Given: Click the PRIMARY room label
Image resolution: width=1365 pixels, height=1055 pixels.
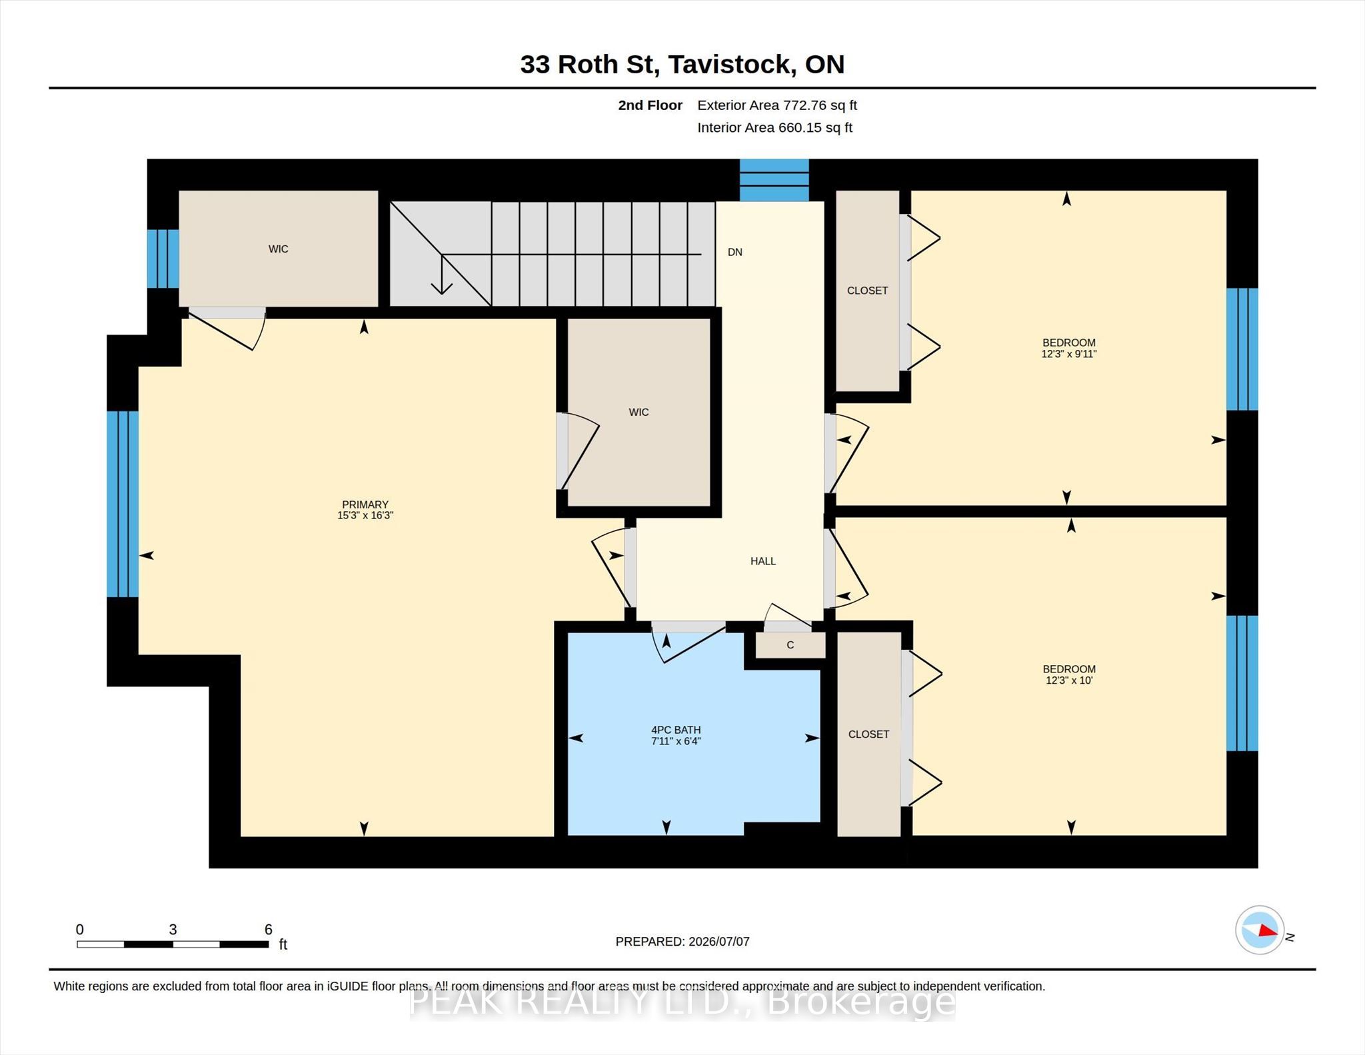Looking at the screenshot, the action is coord(365,505).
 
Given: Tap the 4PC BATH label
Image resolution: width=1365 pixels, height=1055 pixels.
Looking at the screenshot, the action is coord(676,730).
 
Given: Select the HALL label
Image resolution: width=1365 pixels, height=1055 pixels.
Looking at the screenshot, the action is coord(763,561).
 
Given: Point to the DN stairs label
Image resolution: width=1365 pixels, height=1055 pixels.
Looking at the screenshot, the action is coord(735,252).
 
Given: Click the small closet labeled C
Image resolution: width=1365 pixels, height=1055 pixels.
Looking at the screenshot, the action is coord(790,645).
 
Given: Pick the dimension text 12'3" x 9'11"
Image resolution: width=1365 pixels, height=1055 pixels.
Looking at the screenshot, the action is coord(1069,355).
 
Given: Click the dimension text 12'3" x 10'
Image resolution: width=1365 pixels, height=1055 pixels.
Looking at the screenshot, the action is coord(1069,680).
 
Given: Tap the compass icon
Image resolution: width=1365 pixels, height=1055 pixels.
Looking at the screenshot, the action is coord(1260,930).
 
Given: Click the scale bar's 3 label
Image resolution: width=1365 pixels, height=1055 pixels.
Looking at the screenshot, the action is coord(173,930).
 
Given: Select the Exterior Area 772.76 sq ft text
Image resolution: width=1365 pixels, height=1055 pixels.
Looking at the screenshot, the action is coord(777,105).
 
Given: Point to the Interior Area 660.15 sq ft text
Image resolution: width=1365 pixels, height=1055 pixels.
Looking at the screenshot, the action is coord(775,127).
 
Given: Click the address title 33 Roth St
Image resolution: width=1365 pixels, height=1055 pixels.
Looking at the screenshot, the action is coord(590,65).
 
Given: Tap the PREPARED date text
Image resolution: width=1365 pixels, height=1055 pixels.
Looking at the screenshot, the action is coord(682,942).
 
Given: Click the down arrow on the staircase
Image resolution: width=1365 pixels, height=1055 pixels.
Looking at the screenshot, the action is coord(442,274).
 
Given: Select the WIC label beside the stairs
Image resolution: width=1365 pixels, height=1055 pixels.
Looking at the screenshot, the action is coord(279,249).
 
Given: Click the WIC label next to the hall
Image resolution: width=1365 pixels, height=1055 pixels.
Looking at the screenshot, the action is coord(639,413).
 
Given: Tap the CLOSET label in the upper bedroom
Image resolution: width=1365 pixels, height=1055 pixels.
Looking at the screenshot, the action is coord(868,291).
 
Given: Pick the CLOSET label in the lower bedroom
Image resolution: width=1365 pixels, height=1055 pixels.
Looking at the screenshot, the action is coord(868,734).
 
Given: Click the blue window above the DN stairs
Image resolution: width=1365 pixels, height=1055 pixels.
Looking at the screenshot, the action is coord(774,180).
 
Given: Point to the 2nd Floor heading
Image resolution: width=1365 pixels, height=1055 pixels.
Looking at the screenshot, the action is coord(650,105).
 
